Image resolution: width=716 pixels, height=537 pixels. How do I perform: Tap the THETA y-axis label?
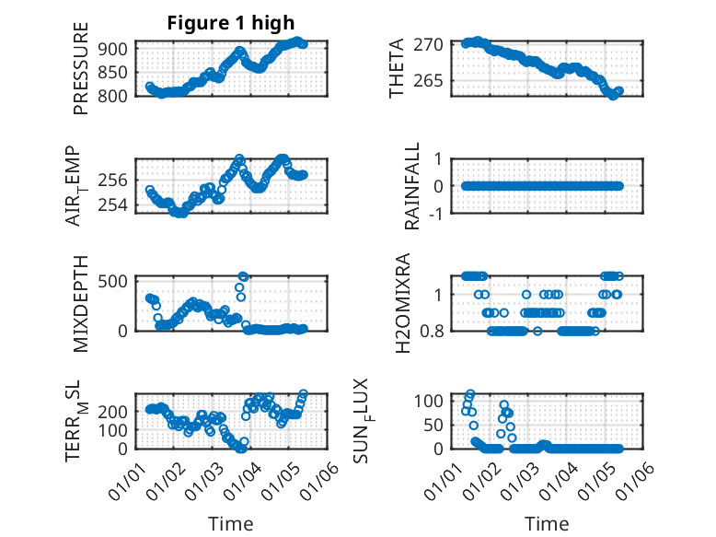[x=397, y=68]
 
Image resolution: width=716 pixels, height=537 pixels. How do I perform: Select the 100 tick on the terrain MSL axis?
[x=117, y=429]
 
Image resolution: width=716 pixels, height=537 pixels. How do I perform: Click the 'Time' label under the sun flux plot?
[x=547, y=524]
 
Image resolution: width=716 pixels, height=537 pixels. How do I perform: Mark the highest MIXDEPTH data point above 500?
[x=244, y=276]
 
